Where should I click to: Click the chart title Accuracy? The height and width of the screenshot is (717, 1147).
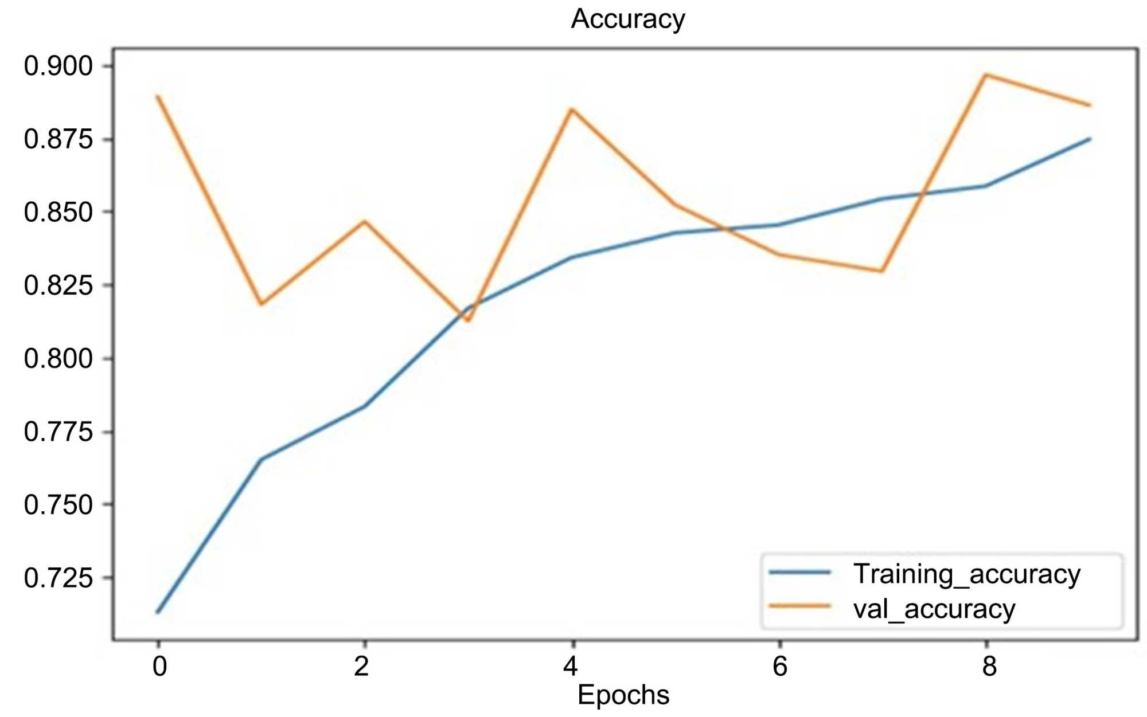[627, 19]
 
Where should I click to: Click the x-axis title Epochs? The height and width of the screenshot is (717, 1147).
[623, 695]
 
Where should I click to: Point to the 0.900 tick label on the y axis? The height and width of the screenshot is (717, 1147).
[58, 66]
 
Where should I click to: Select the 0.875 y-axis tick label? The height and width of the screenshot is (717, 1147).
[58, 139]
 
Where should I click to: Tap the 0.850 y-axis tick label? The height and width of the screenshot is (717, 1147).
[58, 213]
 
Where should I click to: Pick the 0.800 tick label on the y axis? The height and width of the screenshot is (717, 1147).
[58, 359]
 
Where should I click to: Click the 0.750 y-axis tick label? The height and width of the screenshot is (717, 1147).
[58, 505]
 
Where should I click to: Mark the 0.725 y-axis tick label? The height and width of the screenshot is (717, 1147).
[58, 578]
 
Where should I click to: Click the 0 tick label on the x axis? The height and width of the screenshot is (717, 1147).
[159, 667]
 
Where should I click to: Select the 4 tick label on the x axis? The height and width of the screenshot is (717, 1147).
[571, 667]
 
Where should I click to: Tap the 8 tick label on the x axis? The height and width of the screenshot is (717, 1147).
[989, 667]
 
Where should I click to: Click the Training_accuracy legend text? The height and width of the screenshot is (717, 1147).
[966, 574]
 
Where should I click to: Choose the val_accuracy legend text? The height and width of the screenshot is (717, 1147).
[934, 609]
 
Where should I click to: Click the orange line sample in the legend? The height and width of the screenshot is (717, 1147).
[799, 606]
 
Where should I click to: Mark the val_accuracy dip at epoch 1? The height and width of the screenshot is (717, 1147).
[262, 304]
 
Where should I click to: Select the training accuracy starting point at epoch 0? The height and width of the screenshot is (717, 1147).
[158, 612]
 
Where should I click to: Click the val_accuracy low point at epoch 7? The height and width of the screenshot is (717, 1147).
[882, 271]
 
